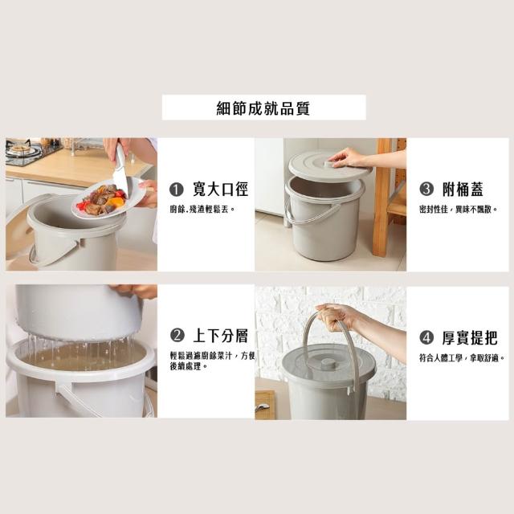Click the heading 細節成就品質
pos(263,108)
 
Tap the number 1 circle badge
pos(176,190)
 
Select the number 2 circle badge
pos(177,336)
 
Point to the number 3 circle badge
pos(426,190)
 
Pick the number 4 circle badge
pos(426,337)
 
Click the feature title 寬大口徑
pos(220,190)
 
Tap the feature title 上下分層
pos(220,336)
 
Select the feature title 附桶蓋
pos(463,190)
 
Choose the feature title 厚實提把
pos(469,337)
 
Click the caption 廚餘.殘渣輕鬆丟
pos(202,209)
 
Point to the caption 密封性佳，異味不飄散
pos(459,209)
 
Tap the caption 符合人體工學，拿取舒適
pos(462,357)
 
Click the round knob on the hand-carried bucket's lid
pos(328,362)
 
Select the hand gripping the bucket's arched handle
pos(336,317)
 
